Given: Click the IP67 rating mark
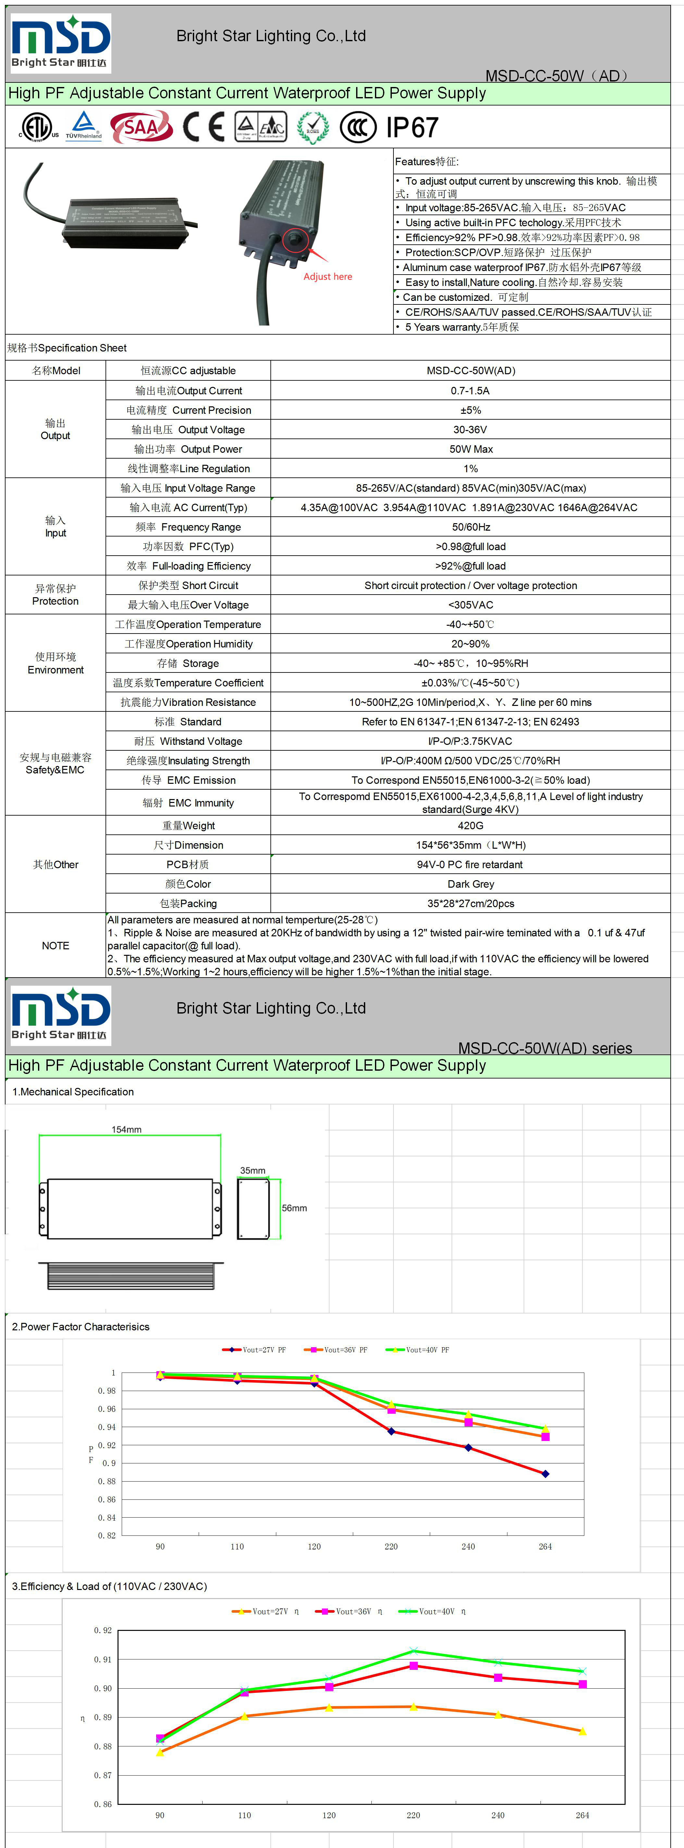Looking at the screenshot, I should point(412,128).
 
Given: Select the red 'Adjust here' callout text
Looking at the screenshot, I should point(327,277).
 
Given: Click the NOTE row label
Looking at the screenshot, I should point(55,945).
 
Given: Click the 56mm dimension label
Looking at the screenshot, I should point(294,1208).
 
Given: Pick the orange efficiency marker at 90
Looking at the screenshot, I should point(160,1753).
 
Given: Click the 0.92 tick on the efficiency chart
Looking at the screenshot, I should point(103,1631).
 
